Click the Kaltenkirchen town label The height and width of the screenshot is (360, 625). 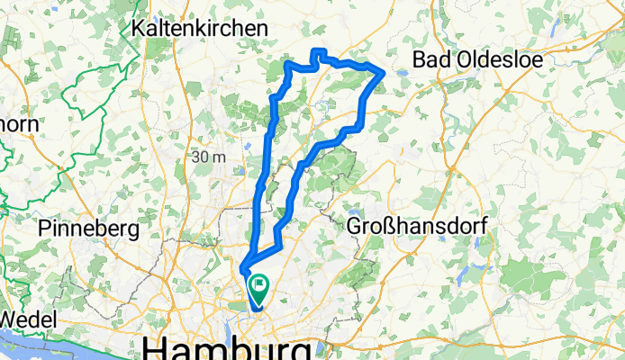click(x=199, y=29)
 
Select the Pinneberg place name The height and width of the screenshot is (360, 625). click(x=88, y=229)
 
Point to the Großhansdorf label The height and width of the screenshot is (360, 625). click(x=417, y=228)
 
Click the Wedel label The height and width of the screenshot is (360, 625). click(x=27, y=319)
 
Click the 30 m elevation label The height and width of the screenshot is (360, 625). click(x=209, y=157)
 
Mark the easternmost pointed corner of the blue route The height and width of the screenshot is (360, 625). click(x=385, y=71)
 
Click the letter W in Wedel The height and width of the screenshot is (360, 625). click(x=9, y=319)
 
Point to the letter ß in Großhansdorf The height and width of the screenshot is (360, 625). click(x=380, y=228)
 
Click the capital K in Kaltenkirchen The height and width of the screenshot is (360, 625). click(x=138, y=29)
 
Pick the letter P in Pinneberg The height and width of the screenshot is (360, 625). click(x=44, y=229)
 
